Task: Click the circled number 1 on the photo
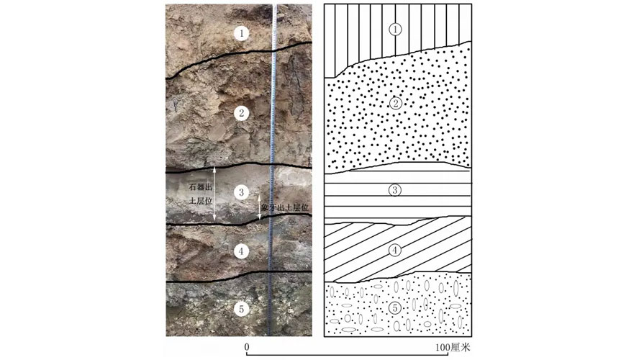click(242, 33)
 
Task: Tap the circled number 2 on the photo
click(242, 113)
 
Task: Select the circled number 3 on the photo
click(242, 192)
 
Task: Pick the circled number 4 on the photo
click(242, 251)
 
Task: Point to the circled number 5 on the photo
click(242, 309)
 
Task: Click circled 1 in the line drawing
click(395, 30)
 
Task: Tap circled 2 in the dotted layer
click(395, 103)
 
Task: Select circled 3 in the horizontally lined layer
click(394, 190)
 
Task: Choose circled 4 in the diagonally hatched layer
click(395, 251)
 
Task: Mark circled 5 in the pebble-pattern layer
click(395, 308)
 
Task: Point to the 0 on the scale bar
click(247, 347)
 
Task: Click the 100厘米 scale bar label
click(453, 347)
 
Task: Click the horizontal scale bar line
click(348, 355)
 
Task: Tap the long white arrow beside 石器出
click(214, 194)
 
